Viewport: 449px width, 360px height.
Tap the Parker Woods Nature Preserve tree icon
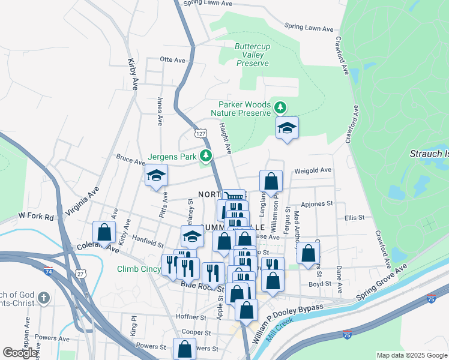pyautogui.click(x=280, y=108)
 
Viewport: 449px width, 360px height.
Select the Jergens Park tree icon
pyautogui.click(x=206, y=157)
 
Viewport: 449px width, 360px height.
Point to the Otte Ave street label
pyautogui.click(x=173, y=60)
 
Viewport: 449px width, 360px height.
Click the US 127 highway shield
pyautogui.click(x=200, y=133)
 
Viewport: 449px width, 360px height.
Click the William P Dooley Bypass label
pyautogui.click(x=288, y=323)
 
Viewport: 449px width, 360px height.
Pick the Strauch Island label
pyautogui.click(x=429, y=154)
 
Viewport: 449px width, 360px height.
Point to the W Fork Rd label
pyautogui.click(x=36, y=215)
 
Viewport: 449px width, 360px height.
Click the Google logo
pyautogui.click(x=20, y=353)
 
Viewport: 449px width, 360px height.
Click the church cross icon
pyautogui.click(x=43, y=298)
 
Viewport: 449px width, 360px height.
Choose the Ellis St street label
pyautogui.click(x=355, y=218)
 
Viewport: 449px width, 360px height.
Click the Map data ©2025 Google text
pyautogui.click(x=412, y=355)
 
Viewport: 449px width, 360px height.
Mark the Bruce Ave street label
pyautogui.click(x=131, y=161)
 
